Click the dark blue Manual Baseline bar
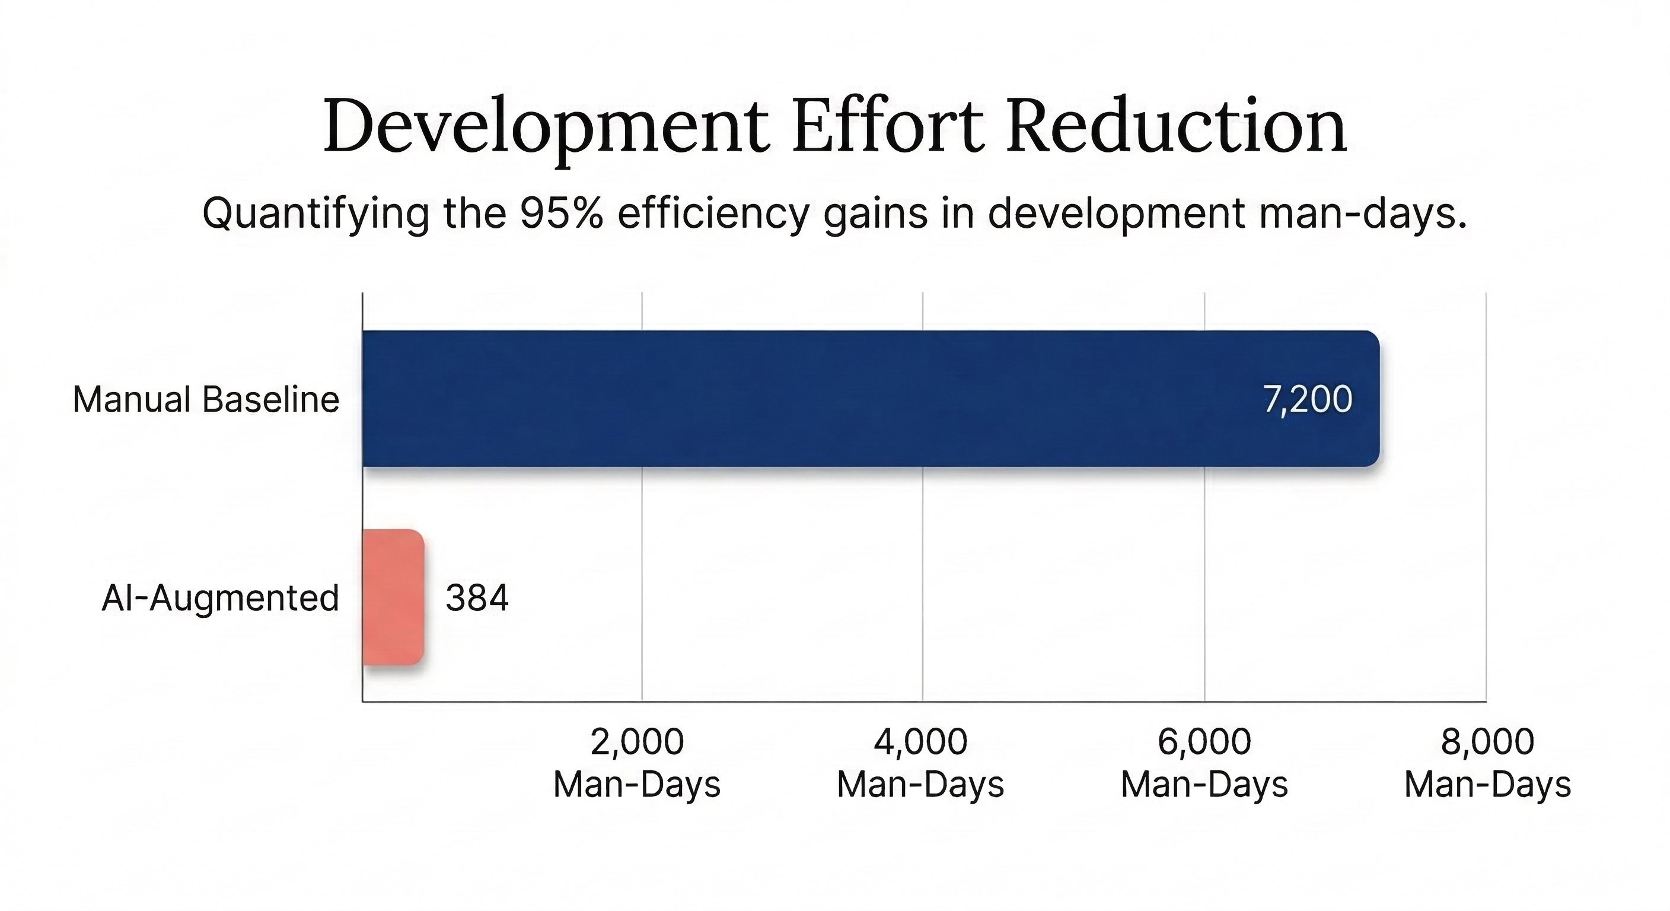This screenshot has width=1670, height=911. point(843,398)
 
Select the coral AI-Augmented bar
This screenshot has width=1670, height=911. point(393,597)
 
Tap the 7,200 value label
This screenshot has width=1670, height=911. point(1308,399)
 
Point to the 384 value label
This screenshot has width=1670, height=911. point(476,598)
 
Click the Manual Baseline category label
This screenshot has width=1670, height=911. point(206,399)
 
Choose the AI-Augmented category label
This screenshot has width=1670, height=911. point(221,598)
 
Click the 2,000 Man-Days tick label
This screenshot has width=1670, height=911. point(636,763)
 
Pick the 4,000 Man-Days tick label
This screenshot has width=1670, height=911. point(920,763)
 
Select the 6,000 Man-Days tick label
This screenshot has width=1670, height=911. point(1204,763)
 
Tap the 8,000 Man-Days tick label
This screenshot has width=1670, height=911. point(1487,763)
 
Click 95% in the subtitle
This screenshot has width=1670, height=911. point(562,213)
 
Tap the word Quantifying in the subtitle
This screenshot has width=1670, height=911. point(315,214)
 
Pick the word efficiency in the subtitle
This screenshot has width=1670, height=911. point(713,214)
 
